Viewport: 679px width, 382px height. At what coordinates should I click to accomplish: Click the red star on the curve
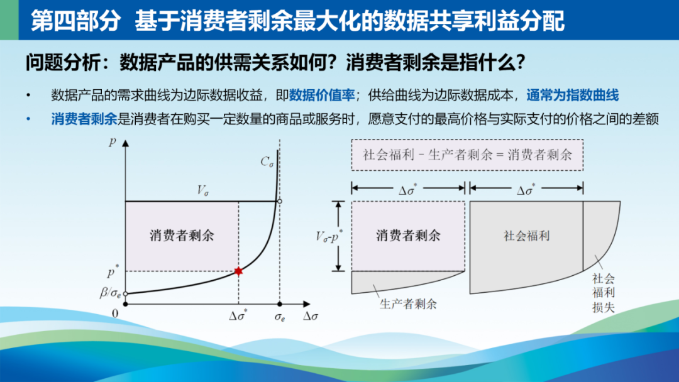point(238,271)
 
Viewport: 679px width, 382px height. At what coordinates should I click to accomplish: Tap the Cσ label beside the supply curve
point(267,162)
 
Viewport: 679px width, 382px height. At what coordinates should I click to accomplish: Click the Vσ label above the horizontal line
point(202,190)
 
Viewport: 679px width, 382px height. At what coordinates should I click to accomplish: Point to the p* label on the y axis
point(113,271)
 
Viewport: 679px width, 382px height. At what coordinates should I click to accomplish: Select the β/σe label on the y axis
point(111,293)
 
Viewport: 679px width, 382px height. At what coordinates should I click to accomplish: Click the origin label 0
point(115,314)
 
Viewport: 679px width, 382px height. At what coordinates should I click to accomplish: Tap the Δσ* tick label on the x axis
point(238,315)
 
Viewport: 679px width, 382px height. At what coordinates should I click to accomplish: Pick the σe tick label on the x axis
point(280,317)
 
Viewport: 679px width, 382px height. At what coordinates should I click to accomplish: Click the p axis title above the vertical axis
point(112,141)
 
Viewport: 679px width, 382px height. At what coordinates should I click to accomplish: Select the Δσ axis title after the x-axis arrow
point(310,316)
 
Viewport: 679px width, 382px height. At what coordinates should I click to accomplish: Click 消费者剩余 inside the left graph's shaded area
point(182,236)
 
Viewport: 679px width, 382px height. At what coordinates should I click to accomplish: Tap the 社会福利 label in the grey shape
point(527,236)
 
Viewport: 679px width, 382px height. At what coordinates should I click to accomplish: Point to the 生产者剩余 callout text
point(408,304)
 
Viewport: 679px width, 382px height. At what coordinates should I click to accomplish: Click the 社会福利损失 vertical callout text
point(603,293)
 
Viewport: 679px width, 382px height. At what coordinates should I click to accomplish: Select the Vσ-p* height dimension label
point(329,236)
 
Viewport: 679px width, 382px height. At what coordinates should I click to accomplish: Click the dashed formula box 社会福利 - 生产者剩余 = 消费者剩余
point(467,155)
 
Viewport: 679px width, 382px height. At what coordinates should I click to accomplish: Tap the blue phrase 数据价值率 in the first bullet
point(322,95)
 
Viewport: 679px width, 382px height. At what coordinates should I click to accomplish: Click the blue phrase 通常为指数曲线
point(573,95)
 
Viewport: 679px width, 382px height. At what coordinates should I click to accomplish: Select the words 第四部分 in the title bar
point(75,21)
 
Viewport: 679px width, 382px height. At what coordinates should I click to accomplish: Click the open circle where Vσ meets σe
point(280,201)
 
